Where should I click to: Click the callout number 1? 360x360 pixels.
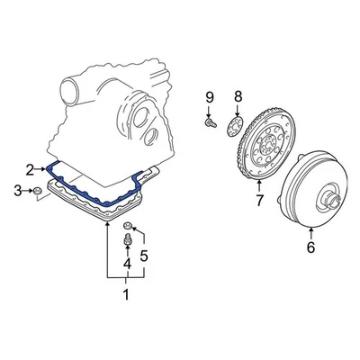click(126, 294)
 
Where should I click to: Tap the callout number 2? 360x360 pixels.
click(30, 168)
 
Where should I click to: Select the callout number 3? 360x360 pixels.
click(16, 190)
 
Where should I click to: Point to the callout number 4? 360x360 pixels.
click(127, 264)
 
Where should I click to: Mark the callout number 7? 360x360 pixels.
click(258, 201)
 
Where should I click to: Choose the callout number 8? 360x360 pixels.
click(238, 97)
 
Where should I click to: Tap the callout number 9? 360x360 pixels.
click(209, 97)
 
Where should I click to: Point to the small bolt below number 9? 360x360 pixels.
click(209, 120)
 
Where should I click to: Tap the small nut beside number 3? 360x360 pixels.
click(39, 190)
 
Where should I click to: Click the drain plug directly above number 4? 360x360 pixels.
click(128, 241)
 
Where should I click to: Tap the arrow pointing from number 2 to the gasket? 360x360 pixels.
click(42, 168)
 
